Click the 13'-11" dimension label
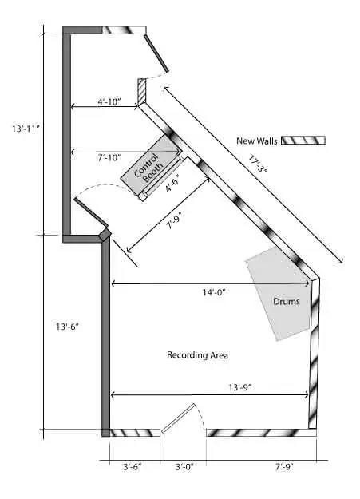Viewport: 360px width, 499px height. coord(26,129)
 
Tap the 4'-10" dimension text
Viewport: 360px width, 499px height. coord(109,102)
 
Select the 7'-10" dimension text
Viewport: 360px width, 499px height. coord(109,157)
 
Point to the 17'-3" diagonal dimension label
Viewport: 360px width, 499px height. coord(258,164)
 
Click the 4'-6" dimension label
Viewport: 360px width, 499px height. coord(173,183)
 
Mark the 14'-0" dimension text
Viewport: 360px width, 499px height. coord(214,292)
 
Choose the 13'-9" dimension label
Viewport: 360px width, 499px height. coord(240,387)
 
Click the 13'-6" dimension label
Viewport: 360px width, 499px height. coord(67,327)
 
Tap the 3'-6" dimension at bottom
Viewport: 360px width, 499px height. coord(132,467)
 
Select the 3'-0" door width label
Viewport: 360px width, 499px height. coord(184,467)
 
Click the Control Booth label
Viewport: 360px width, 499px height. coord(148,168)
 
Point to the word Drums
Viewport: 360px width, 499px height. coord(287,301)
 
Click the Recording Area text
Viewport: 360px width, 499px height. coord(197,354)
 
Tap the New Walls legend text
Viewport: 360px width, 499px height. coord(257,141)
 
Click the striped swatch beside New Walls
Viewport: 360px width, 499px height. coord(303,141)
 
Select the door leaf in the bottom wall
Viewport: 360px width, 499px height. coord(178,418)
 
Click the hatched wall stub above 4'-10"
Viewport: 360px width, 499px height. coord(142,91)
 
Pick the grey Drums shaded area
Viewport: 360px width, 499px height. coord(278,294)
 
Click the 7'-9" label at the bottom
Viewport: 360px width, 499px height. coord(284,467)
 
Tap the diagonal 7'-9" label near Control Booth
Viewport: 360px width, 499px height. coord(174,221)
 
